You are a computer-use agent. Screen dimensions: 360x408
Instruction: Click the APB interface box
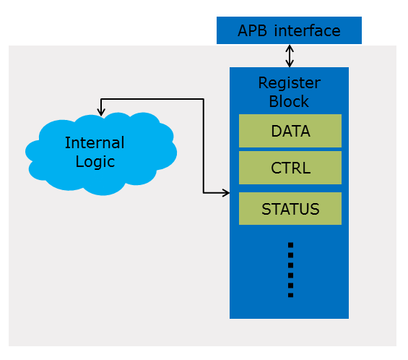coord(289,30)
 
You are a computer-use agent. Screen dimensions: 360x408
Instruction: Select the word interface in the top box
coord(306,30)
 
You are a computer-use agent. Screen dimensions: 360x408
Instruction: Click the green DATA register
coord(290,131)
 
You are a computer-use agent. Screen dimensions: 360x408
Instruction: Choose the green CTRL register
coord(290,168)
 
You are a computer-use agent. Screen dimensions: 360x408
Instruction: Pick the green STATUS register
coord(290,209)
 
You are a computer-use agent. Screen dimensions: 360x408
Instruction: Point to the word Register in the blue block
coord(289,82)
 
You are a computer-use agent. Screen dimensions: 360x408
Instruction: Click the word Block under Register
coord(289,100)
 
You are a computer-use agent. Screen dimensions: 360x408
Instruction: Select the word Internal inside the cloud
coord(95,142)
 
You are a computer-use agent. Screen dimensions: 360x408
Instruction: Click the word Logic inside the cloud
coord(95,161)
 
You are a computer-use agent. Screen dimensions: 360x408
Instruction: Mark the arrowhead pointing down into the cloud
coord(101,111)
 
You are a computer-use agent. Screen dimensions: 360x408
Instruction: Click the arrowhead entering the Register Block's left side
coord(225,193)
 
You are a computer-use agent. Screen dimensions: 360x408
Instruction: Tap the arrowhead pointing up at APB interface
coord(290,48)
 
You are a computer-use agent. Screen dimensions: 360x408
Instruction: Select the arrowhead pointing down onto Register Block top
coord(290,64)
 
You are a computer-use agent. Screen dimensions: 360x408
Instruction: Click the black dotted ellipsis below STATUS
coord(290,270)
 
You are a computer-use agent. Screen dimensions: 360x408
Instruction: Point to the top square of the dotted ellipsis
coord(290,245)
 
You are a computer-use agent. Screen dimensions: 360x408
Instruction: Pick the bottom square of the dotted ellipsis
coord(290,294)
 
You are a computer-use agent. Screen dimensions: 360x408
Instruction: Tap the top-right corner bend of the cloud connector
coord(203,99)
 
